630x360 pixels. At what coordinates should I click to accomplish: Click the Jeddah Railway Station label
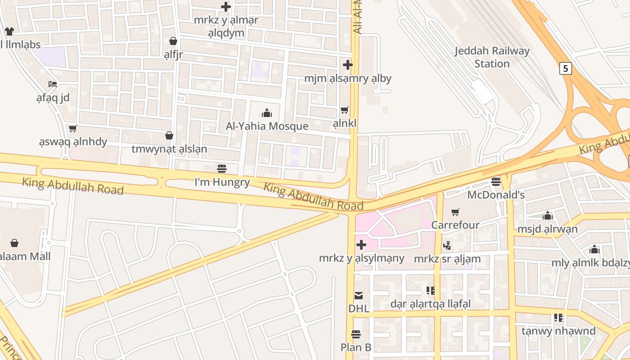492,57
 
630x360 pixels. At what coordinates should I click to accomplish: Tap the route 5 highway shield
566,68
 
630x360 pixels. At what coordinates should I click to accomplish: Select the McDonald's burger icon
496,182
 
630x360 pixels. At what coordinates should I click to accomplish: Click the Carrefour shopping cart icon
455,212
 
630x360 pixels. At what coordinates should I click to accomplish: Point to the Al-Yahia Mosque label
267,126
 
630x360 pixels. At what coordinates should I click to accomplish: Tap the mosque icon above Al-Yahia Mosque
267,112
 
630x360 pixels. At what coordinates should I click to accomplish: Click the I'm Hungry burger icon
222,169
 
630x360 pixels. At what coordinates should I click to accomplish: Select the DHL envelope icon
359,296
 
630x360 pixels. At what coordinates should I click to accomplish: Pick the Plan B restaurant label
356,347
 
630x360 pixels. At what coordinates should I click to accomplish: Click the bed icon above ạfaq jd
53,84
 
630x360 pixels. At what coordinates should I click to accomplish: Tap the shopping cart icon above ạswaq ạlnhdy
73,129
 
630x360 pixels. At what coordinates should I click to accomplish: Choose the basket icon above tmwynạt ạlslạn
169,135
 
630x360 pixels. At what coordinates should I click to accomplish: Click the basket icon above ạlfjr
173,41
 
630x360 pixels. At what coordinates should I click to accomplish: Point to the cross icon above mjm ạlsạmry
348,65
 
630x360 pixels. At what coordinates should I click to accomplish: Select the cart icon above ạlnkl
345,110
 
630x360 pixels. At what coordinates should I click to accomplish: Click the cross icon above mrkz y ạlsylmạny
361,245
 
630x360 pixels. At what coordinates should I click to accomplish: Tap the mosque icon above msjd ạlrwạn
548,216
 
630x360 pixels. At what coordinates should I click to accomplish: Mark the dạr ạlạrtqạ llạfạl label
430,304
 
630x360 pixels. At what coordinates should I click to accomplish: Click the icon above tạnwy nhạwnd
558,318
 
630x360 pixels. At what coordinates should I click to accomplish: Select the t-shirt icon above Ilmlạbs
9,31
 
